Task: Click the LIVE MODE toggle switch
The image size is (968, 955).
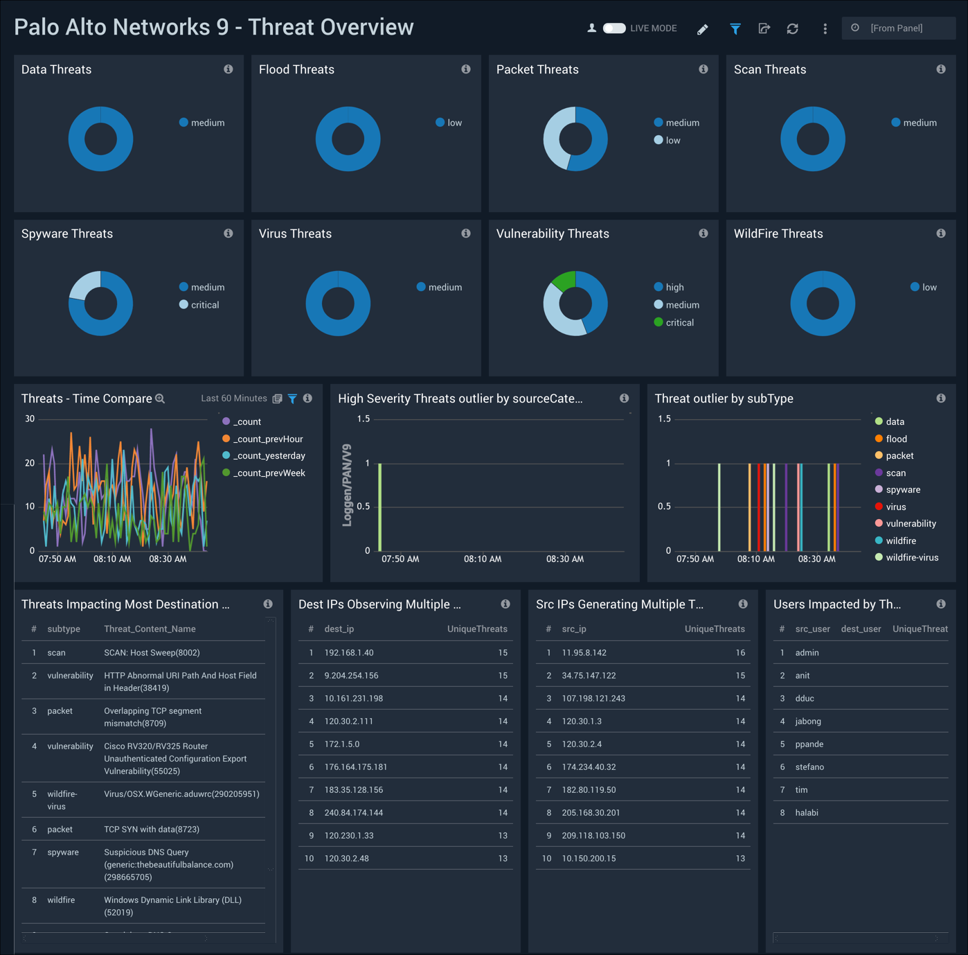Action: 614,28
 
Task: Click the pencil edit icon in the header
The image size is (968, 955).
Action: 702,29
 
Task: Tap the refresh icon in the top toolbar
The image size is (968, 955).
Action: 793,29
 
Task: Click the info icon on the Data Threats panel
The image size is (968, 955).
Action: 228,69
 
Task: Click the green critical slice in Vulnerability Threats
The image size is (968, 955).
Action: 565,280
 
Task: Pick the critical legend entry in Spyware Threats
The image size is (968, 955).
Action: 204,305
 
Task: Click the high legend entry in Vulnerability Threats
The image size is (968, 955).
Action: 674,287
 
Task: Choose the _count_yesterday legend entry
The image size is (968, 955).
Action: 269,456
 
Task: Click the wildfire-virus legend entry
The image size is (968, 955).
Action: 911,558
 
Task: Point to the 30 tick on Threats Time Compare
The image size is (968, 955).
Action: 30,419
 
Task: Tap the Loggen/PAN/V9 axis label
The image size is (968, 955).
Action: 348,485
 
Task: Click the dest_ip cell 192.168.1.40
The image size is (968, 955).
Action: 349,653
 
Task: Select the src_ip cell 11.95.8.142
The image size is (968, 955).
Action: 584,653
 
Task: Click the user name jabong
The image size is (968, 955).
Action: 808,721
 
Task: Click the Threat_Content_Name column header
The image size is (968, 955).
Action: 150,629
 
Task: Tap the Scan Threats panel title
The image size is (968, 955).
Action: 769,69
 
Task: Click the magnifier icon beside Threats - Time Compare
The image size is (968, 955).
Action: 160,398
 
